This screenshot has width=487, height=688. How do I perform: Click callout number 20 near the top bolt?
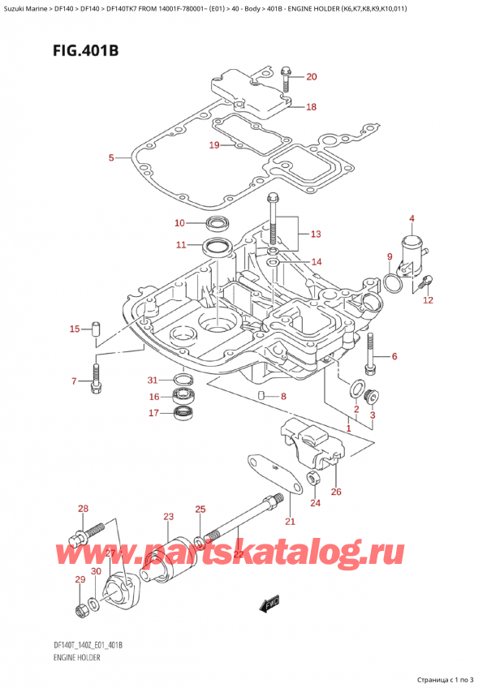[x=312, y=77]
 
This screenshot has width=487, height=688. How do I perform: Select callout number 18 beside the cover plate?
[x=311, y=107]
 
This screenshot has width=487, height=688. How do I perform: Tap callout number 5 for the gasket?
[x=111, y=157]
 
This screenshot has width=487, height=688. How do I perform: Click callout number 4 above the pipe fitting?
[x=412, y=218]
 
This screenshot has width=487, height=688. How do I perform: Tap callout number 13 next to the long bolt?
[x=315, y=234]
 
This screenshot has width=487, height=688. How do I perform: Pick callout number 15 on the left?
[x=75, y=329]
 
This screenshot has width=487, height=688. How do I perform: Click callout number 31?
[x=153, y=381]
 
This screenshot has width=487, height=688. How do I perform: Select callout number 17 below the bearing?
[x=153, y=413]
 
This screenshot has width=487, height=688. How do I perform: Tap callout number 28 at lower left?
[x=82, y=509]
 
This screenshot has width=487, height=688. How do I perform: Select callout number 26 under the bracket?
[x=337, y=491]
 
